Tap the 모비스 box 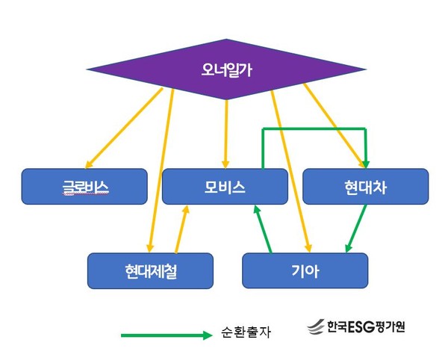224,185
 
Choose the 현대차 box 365,185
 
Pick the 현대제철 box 150,270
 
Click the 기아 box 305,270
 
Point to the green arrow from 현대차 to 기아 356,229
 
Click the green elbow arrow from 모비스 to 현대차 314,129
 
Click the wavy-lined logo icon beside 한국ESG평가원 315,327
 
